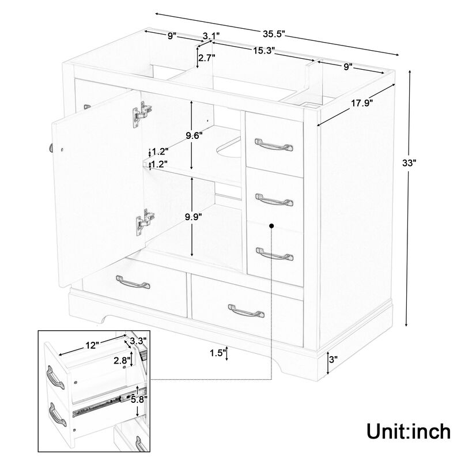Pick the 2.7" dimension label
[x=206, y=58]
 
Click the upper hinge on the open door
[x=142, y=112]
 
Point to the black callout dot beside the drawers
[x=271, y=226]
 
